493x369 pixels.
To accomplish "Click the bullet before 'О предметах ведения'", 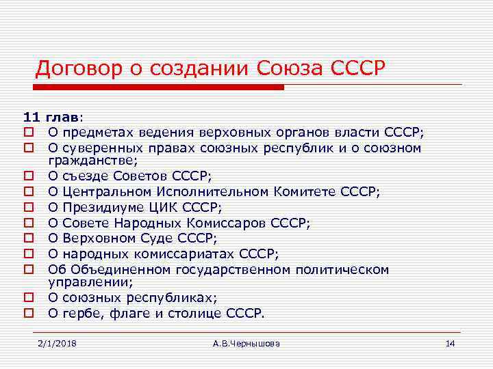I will (x=29, y=133).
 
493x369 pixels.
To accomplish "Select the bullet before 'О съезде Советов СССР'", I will (x=29, y=176).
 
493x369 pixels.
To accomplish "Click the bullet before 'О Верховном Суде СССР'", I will (x=29, y=239).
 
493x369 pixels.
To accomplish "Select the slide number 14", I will (x=450, y=343).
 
